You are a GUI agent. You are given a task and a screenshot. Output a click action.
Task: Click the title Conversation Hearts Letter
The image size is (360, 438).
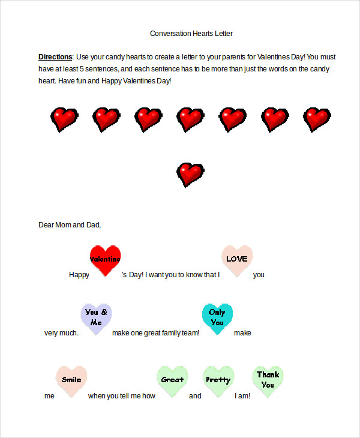(191, 34)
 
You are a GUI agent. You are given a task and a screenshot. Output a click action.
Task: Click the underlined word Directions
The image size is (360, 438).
(55, 57)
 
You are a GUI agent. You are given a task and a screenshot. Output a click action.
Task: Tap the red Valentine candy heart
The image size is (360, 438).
(105, 259)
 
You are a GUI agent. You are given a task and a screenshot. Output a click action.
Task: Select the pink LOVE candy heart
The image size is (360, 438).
(237, 259)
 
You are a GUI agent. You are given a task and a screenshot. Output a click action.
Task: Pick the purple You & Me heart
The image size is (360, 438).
(96, 317)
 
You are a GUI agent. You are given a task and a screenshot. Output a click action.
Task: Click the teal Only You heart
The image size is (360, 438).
(217, 317)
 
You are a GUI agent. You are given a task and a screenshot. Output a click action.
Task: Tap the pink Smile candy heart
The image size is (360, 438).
(71, 380)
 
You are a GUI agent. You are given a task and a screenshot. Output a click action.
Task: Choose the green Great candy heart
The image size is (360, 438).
(172, 380)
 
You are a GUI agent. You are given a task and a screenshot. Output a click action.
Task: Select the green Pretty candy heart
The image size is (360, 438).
(218, 380)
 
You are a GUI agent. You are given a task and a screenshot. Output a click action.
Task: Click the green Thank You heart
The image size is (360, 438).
(268, 380)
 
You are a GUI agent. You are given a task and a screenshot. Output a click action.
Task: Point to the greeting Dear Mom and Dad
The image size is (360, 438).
(70, 225)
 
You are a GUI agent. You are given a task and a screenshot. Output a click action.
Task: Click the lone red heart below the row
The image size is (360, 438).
(191, 174)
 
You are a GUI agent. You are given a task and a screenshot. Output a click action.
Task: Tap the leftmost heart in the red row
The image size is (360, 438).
(64, 119)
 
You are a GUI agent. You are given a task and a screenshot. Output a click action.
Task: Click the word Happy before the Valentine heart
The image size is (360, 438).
(79, 275)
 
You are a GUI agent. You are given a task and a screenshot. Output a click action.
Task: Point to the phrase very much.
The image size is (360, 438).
(61, 333)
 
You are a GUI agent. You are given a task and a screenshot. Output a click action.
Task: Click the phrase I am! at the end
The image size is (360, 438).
(242, 396)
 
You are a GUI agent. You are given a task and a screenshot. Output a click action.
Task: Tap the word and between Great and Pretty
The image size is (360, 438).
(195, 396)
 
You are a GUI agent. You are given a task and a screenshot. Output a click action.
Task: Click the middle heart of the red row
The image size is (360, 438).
(190, 119)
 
